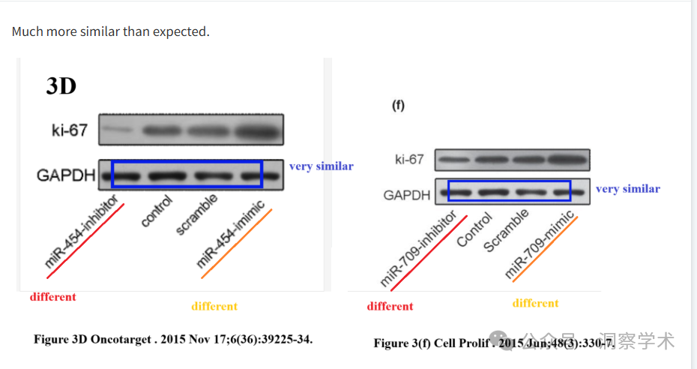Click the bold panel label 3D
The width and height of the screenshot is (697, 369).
tap(61, 86)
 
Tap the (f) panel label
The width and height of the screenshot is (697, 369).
tap(398, 106)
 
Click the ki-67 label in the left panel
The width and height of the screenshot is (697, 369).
tap(70, 131)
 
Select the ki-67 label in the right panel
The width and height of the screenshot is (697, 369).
tap(409, 159)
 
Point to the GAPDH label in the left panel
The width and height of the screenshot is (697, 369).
tap(66, 176)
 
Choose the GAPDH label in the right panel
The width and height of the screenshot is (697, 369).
tap(407, 195)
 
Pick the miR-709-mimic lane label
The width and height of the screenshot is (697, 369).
tap(540, 244)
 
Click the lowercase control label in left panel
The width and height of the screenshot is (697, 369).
tap(157, 211)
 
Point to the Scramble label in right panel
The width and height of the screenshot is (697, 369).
tap(506, 230)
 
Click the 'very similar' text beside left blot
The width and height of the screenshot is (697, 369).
tap(321, 166)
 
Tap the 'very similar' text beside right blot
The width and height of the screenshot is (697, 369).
tap(627, 189)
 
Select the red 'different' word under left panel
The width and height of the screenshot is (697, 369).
tap(52, 297)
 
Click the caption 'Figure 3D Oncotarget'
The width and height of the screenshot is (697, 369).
tap(173, 339)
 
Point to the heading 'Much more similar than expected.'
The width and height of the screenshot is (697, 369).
tap(111, 31)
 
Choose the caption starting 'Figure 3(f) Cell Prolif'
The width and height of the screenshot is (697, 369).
tap(494, 343)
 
